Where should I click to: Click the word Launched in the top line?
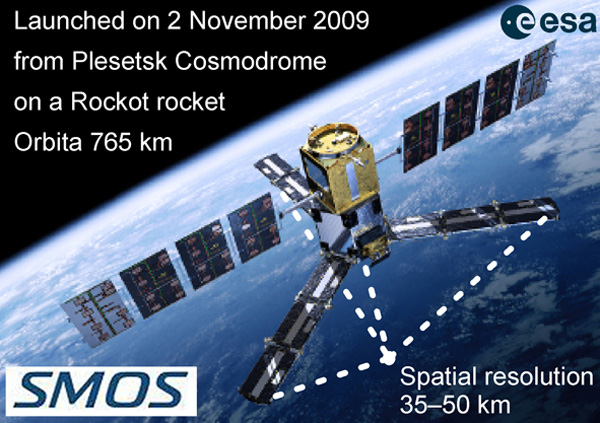tap(69, 21)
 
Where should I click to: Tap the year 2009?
tap(341, 21)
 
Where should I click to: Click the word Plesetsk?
tap(120, 61)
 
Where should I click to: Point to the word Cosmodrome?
tap(251, 61)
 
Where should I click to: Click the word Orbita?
tap(48, 142)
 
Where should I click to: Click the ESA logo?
tap(549, 23)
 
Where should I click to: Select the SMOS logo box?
tap(101, 391)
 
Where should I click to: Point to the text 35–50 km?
tap(455, 404)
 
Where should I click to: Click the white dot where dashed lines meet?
tap(388, 358)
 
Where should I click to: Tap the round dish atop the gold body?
tap(333, 136)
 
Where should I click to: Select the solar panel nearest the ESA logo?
tap(540, 75)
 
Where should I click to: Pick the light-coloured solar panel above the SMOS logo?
tap(97, 314)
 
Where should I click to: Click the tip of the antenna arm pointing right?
tap(558, 209)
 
